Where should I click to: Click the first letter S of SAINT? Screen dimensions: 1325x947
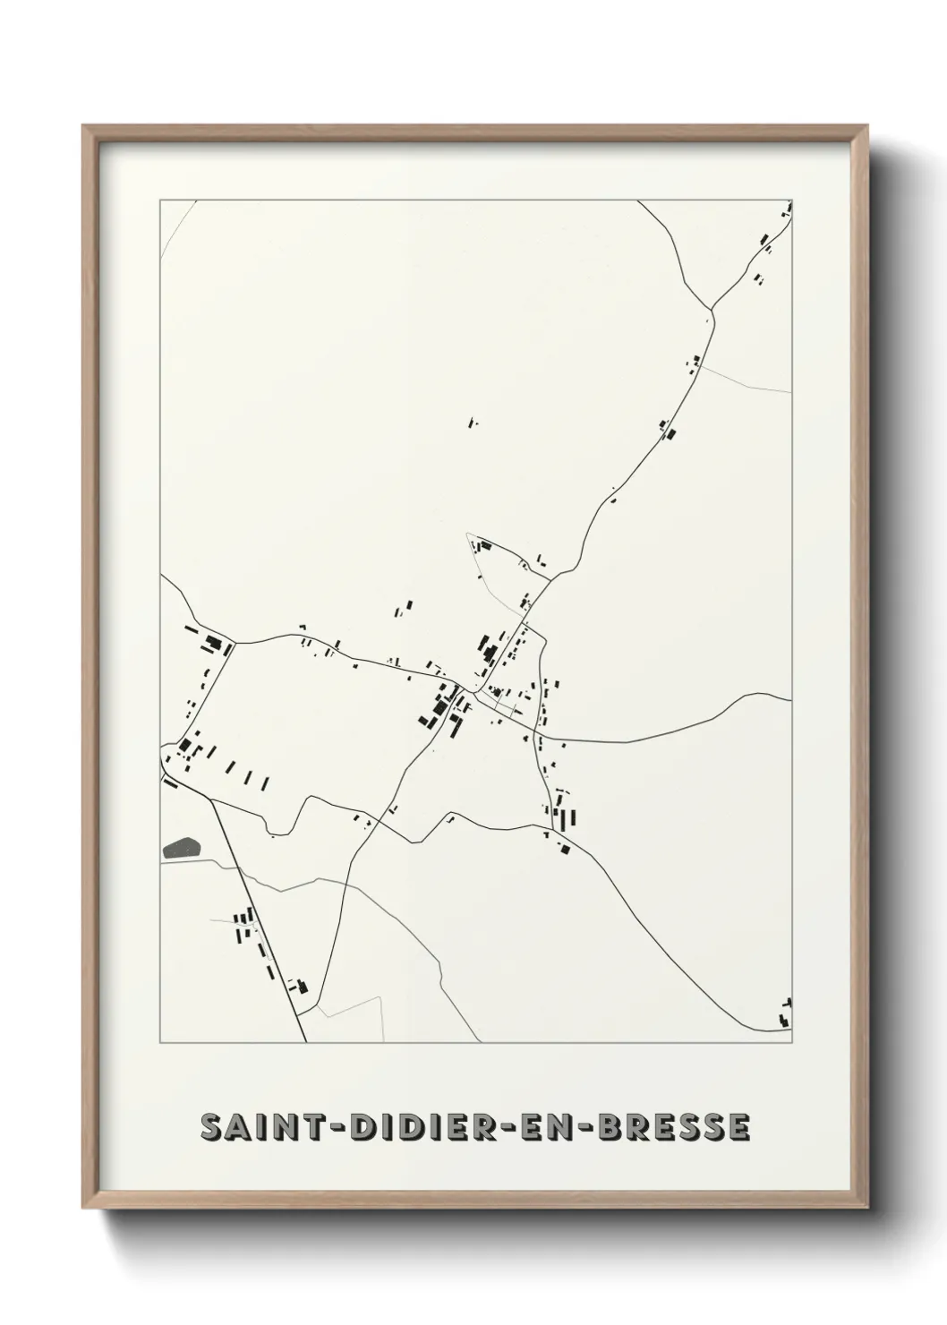tap(212, 1127)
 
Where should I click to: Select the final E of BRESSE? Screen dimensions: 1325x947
tap(739, 1127)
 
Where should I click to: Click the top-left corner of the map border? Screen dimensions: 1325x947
tap(160, 201)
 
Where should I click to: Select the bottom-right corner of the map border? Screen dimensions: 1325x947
tap(792, 1043)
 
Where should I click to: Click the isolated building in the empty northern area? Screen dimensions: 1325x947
tap(473, 420)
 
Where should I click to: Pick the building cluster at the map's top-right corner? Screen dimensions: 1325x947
tap(788, 211)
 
